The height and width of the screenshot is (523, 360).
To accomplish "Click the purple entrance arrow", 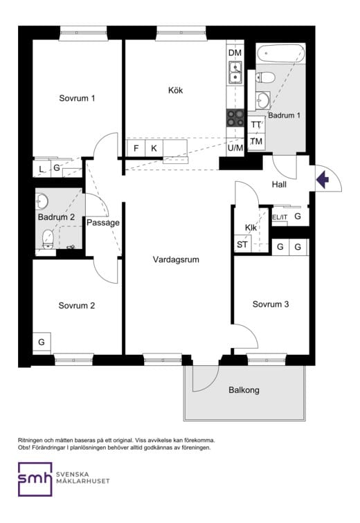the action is pyautogui.click(x=323, y=179).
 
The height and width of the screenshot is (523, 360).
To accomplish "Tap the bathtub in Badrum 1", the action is pyautogui.click(x=281, y=53).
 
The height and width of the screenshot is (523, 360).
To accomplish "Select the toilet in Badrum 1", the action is pyautogui.click(x=265, y=77).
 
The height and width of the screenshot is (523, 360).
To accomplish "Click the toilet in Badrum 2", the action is pyautogui.click(x=48, y=239).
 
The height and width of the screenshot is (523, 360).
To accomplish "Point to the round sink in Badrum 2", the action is pyautogui.click(x=42, y=201).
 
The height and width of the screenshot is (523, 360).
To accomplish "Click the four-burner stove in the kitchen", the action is pyautogui.click(x=235, y=118).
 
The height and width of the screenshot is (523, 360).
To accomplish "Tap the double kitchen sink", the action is pyautogui.click(x=235, y=73).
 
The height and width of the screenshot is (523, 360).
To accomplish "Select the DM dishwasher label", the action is pyautogui.click(x=235, y=53).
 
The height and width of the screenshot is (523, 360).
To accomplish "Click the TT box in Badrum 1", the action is pyautogui.click(x=256, y=125).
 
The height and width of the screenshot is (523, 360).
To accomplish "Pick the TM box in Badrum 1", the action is pyautogui.click(x=256, y=141).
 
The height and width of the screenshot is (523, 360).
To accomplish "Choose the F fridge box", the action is pyautogui.click(x=136, y=148).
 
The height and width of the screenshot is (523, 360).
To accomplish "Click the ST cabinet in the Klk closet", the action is pyautogui.click(x=242, y=244).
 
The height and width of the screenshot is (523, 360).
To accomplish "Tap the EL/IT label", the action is pyautogui.click(x=280, y=217).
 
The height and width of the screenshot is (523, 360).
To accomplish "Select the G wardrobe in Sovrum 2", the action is pyautogui.click(x=42, y=342).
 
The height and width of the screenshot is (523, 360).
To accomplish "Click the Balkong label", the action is pyautogui.click(x=244, y=390).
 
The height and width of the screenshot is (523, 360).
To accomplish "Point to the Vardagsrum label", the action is pyautogui.click(x=176, y=259).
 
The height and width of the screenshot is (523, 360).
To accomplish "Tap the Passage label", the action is pyautogui.click(x=102, y=223).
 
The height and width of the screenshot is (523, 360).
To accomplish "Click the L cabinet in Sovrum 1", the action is pyautogui.click(x=42, y=169).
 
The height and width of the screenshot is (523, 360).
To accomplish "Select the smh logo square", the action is pyautogui.click(x=35, y=479).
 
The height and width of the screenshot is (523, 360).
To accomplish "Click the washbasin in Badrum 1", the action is pyautogui.click(x=262, y=100).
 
